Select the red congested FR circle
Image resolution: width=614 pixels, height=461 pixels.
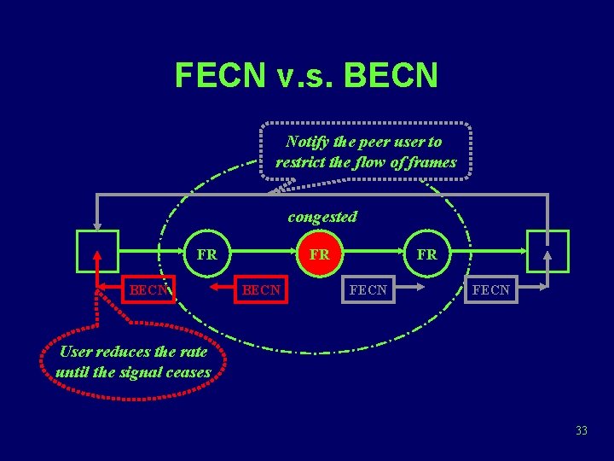[319, 254]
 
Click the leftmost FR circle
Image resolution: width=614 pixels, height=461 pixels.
[206, 254]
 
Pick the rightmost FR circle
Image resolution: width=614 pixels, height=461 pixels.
[426, 254]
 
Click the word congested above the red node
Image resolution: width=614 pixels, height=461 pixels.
[322, 217]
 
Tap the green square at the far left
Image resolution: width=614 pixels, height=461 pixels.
[97, 251]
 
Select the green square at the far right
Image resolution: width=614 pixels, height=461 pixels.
[547, 251]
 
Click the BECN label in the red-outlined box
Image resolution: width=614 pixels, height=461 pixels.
[148, 290]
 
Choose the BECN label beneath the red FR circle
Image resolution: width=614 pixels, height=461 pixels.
[261, 290]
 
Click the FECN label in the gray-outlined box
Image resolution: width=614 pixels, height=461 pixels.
[491, 290]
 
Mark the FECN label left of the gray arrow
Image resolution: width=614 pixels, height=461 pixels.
[368, 290]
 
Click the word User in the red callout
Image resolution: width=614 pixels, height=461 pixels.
[77, 352]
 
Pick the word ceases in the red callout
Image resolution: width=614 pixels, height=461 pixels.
[188, 372]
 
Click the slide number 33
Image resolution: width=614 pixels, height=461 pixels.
[582, 431]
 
